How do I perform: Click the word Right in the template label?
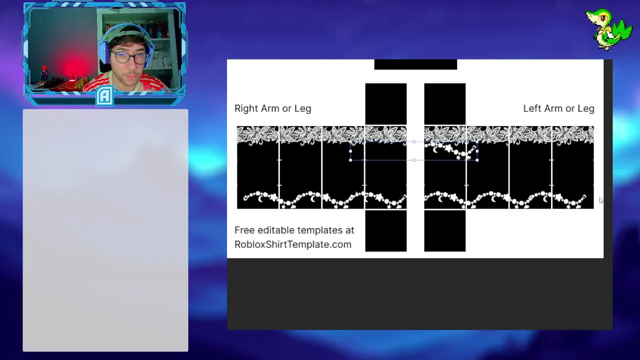246,109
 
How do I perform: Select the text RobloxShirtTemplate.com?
293,244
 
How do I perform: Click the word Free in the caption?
245,230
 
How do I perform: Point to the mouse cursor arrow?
601,200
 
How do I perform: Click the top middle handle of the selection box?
414,141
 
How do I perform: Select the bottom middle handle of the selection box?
414,160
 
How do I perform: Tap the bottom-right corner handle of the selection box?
477,160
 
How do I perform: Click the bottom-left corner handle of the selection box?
350,160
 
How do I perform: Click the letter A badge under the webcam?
104,96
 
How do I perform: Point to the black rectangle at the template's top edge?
415,64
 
